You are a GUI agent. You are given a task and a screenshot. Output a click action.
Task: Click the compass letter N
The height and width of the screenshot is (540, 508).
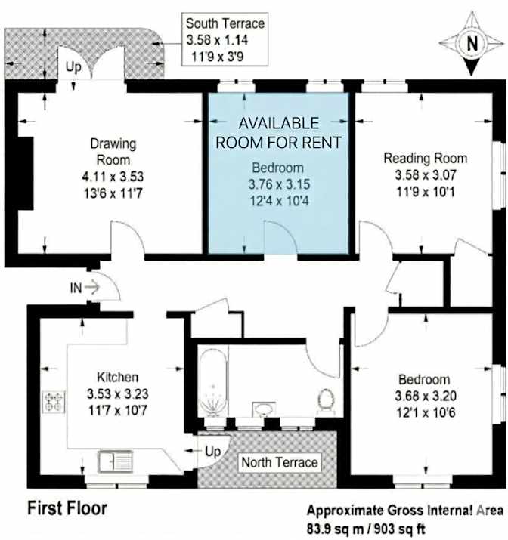pos(472,43)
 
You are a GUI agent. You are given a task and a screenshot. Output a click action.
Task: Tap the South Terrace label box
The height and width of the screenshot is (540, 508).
pos(225,39)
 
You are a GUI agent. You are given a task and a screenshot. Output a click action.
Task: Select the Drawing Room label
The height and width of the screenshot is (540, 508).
pos(113,152)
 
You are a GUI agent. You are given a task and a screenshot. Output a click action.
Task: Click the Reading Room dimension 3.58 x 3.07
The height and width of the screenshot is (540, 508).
pos(426,175)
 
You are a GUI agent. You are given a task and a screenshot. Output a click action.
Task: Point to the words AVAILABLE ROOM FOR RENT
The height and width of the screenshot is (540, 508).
pos(278,133)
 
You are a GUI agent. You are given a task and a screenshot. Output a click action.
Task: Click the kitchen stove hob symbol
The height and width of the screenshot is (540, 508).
pos(54,402)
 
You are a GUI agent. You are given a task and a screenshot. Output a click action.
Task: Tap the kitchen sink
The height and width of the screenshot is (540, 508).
pos(115,461)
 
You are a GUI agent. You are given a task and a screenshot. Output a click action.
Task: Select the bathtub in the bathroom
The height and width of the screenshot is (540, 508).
pos(213,383)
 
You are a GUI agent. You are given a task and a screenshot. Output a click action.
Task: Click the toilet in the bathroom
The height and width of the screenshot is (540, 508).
pos(326,401)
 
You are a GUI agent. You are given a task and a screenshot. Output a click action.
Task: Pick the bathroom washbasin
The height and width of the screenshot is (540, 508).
pos(264,409)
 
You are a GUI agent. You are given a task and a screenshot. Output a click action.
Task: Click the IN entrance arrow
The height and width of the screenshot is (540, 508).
pos(92,287)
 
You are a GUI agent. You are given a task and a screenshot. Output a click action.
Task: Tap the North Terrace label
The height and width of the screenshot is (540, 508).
pos(280,462)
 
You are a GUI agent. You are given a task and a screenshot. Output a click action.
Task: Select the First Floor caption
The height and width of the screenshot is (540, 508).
pos(67,508)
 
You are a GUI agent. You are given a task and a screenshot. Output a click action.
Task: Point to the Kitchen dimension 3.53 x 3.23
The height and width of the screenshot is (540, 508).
pos(117,393)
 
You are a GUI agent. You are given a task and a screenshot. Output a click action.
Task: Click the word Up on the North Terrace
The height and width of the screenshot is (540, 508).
pos(212,451)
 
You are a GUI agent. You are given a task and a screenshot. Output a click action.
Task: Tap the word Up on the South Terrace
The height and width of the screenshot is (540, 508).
pos(73,66)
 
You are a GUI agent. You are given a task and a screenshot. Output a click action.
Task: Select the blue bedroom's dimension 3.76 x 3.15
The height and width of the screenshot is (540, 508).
pos(279,184)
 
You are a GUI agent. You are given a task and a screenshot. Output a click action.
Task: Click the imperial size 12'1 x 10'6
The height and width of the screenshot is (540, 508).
pos(426,412)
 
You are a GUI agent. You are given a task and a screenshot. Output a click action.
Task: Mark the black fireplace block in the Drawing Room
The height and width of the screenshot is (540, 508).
pos(26,173)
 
